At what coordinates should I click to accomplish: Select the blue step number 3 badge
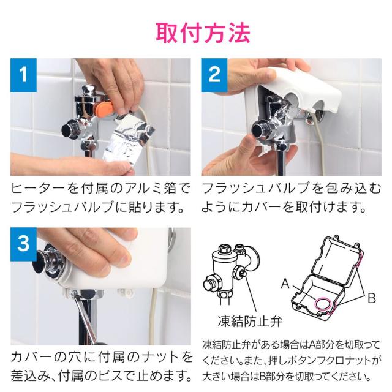tap(24, 243)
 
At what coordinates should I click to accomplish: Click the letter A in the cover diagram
tap(285, 284)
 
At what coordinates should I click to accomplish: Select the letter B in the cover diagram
tap(371, 298)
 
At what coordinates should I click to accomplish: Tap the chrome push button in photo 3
tap(49, 260)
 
